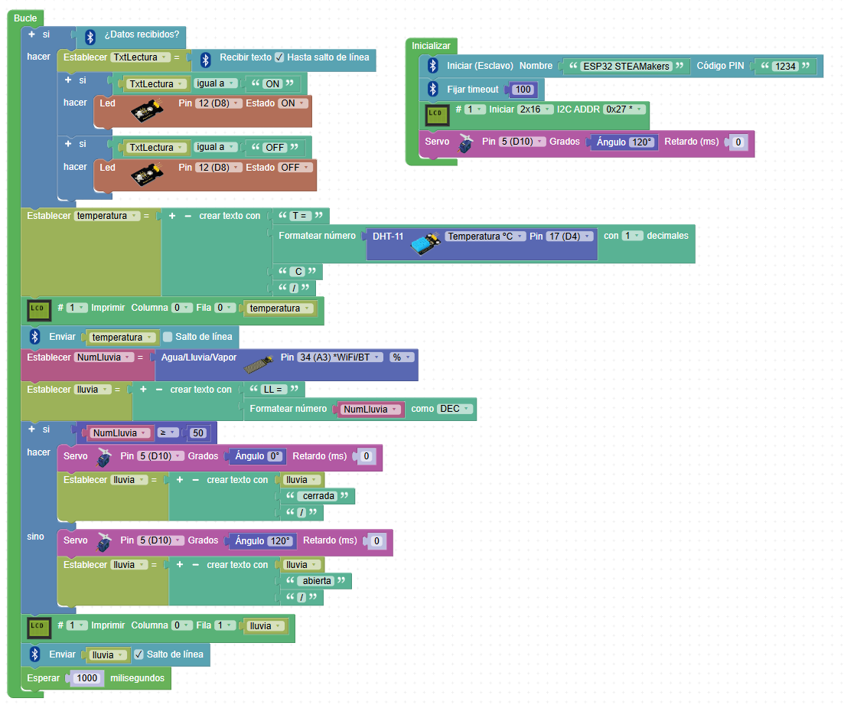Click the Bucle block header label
(x=25, y=18)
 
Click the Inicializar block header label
(x=432, y=46)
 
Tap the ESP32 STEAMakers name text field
(x=626, y=67)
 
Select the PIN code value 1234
(x=785, y=67)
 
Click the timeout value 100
(x=523, y=90)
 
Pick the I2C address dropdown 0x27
(x=624, y=109)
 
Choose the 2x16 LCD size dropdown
(x=535, y=109)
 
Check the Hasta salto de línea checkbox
(x=279, y=57)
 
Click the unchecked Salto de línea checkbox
(x=168, y=337)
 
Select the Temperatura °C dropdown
(x=484, y=237)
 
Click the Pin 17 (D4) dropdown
(x=569, y=237)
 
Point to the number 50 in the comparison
(x=198, y=433)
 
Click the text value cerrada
(x=318, y=496)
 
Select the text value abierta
(x=317, y=581)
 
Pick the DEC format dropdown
(x=455, y=410)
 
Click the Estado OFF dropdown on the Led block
(x=294, y=168)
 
